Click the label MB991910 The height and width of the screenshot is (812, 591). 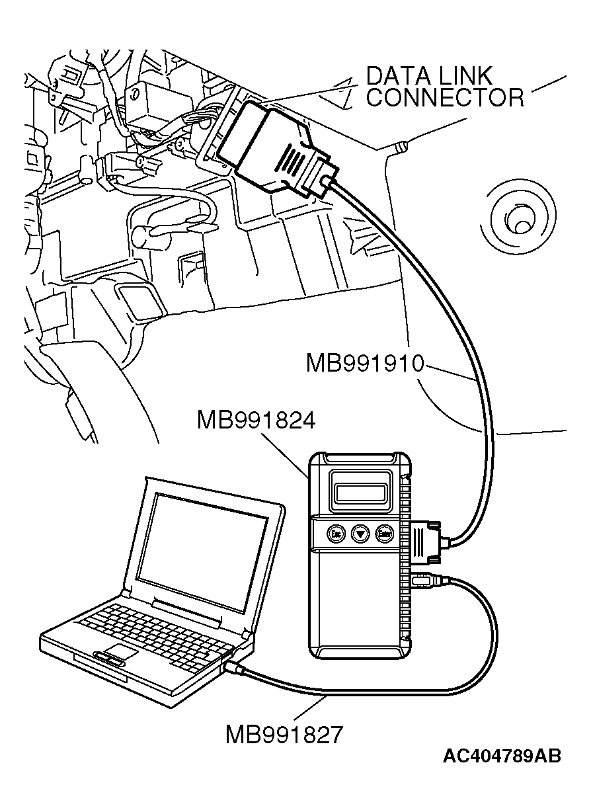[364, 363]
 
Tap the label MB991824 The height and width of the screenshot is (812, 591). [255, 420]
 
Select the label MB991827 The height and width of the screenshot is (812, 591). [284, 735]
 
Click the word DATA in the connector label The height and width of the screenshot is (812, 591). [398, 77]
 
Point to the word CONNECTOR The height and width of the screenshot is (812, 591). [445, 98]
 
